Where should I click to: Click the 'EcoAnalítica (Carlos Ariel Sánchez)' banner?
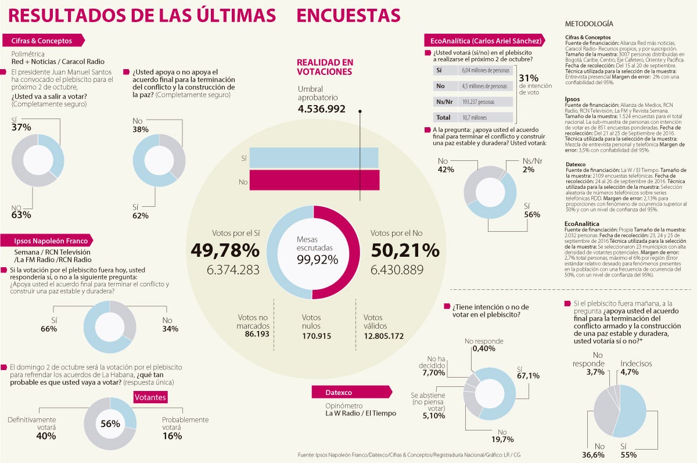pyautogui.click(x=486, y=41)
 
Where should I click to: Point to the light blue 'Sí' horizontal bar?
pyautogui.click(x=314, y=158)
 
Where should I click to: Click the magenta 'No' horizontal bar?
pyautogui.click(x=314, y=180)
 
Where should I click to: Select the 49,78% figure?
pyautogui.click(x=225, y=250)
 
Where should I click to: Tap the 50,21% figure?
pyautogui.click(x=405, y=250)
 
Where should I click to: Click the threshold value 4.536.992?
pyautogui.click(x=321, y=109)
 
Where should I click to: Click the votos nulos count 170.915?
pyautogui.click(x=317, y=336)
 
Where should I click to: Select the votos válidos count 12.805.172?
pyautogui.click(x=383, y=336)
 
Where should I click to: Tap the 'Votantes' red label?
pyautogui.click(x=150, y=397)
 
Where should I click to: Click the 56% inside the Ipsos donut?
pyautogui.click(x=110, y=423)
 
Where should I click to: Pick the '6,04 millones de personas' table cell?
pyautogui.click(x=484, y=70)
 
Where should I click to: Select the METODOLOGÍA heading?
pyautogui.click(x=588, y=24)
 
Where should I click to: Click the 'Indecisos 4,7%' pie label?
pyautogui.click(x=636, y=368)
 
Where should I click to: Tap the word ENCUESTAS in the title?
pyautogui.click(x=348, y=16)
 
